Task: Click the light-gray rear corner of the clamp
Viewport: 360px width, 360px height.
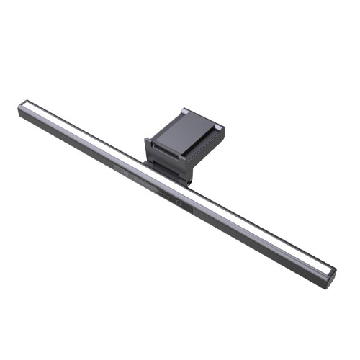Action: [184, 111]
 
